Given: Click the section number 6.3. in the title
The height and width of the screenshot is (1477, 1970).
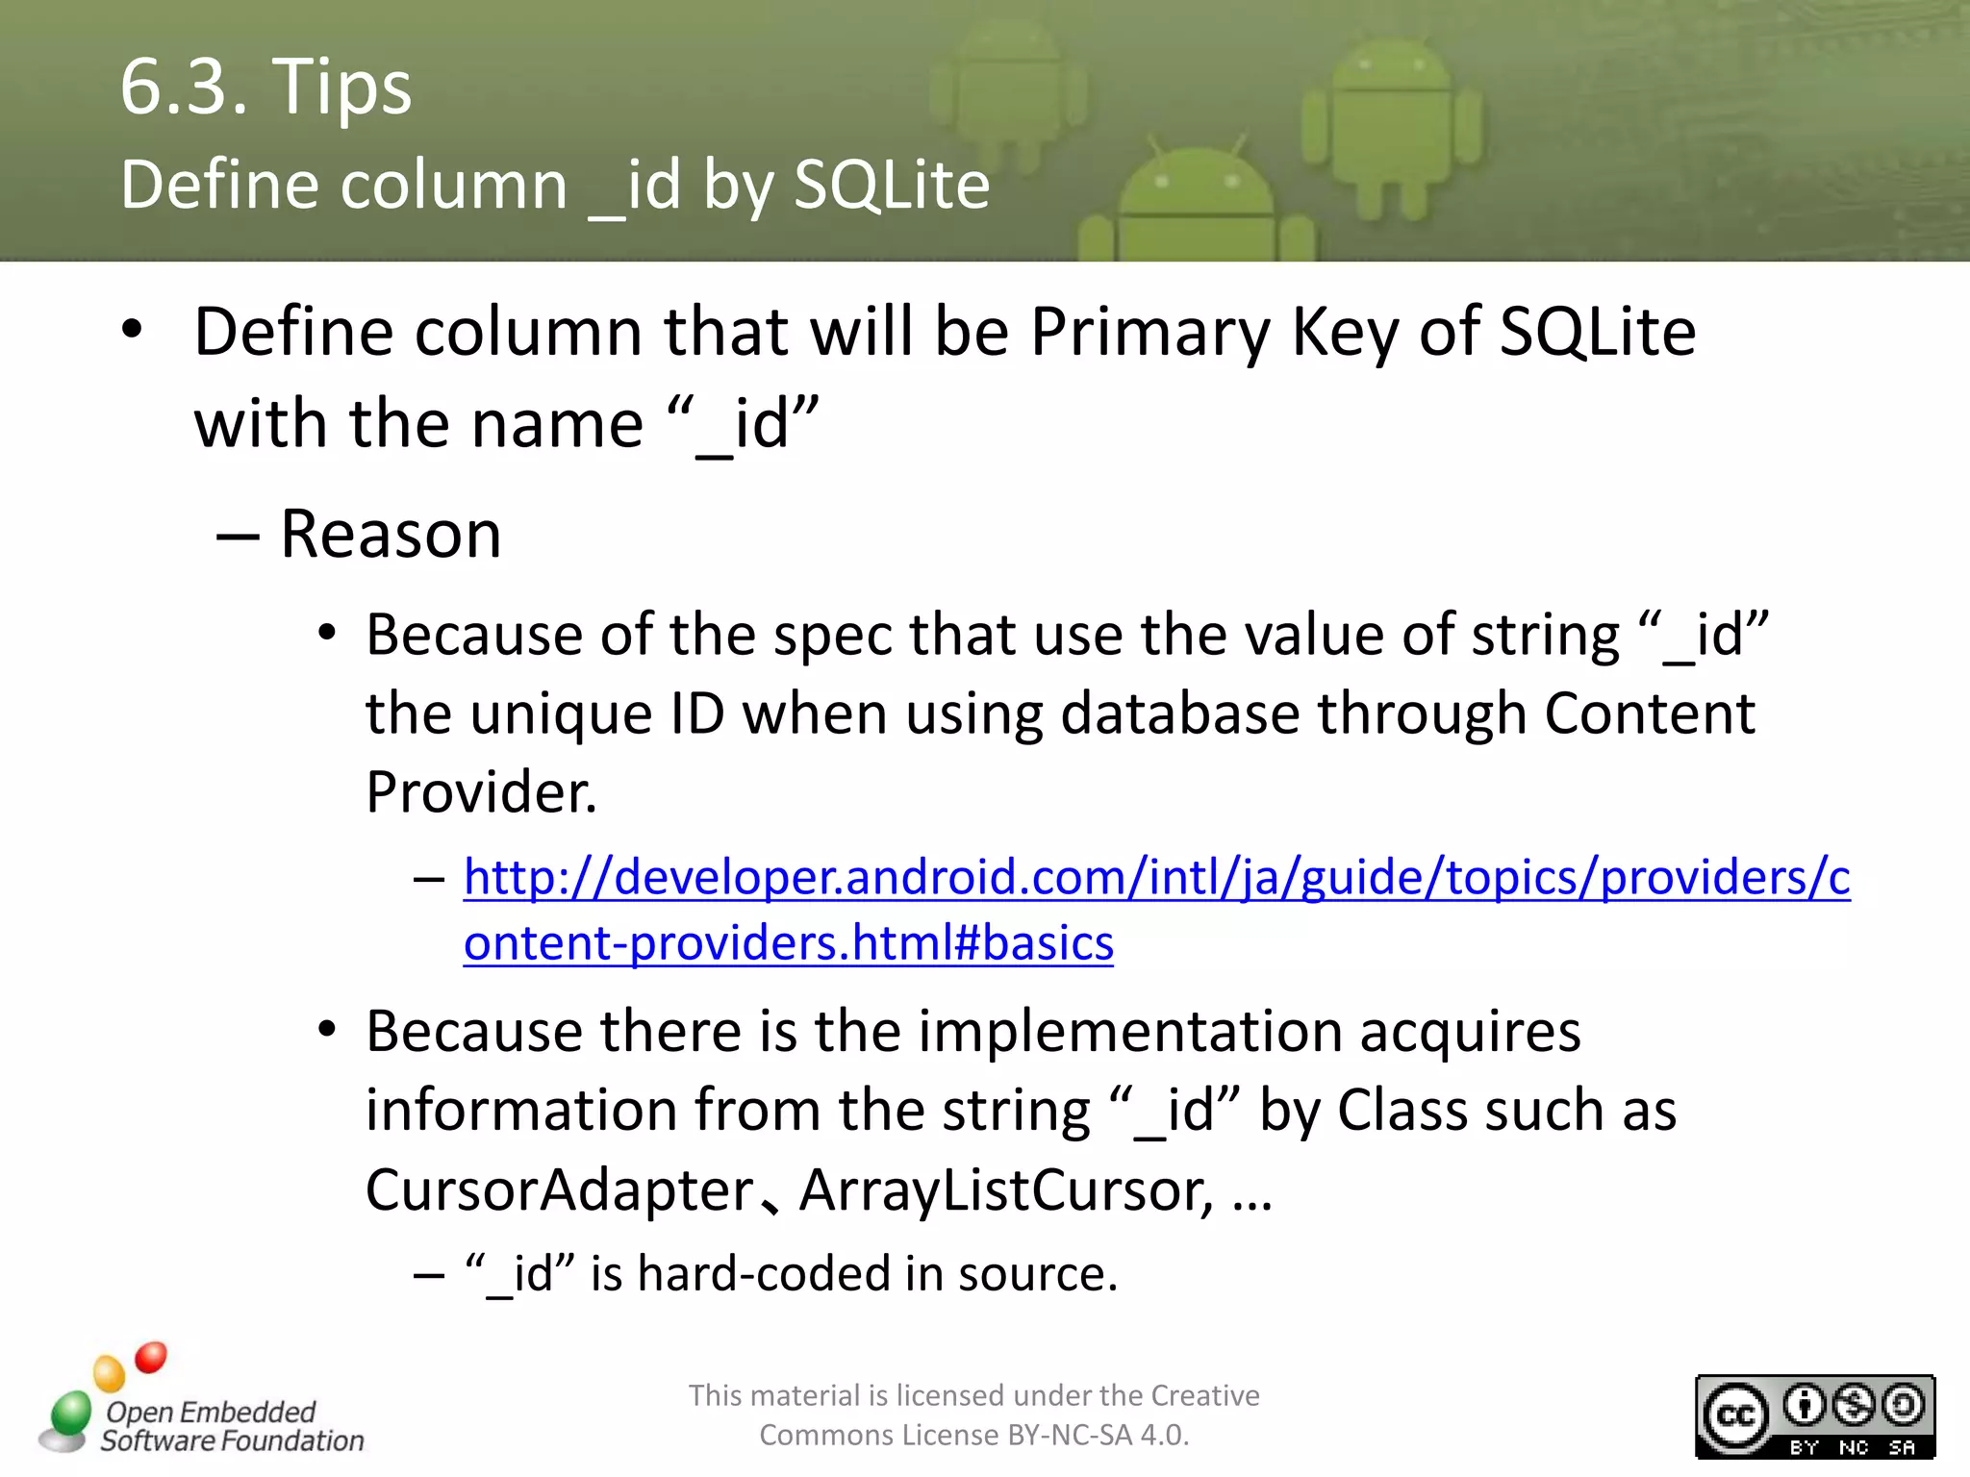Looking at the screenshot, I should coord(183,87).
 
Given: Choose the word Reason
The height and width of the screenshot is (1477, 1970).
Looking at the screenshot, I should coord(391,535).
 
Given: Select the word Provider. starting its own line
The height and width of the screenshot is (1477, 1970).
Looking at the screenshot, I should coord(481,792).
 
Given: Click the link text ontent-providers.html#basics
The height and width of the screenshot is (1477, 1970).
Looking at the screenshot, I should coord(788,942).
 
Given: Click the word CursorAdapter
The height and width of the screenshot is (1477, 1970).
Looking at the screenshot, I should coord(560,1190).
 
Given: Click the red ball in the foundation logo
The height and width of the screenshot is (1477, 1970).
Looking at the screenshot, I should coord(151,1357).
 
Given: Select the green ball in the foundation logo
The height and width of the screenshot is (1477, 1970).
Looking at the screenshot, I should coord(70,1414).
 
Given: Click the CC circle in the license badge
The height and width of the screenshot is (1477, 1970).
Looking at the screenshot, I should coord(1734,1416).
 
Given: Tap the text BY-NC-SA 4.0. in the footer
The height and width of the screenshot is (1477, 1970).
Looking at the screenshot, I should coord(1098,1436).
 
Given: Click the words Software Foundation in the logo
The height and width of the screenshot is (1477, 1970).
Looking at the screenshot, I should coord(232,1440).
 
